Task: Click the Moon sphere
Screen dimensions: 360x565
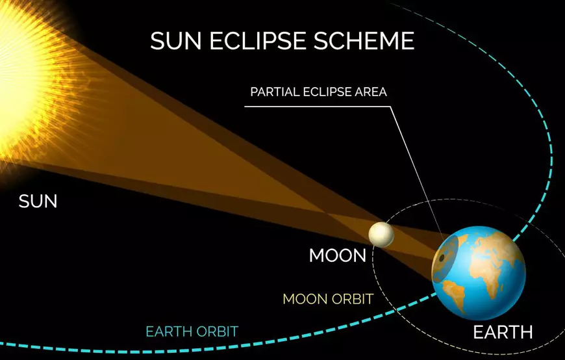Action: [x=381, y=234]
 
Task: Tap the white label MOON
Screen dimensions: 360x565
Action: [x=338, y=255]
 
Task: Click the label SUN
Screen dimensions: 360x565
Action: [x=38, y=201]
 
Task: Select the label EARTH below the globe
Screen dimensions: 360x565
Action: [x=503, y=333]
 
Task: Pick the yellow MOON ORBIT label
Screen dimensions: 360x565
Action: [x=328, y=299]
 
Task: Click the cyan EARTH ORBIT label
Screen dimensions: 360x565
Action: [x=192, y=331]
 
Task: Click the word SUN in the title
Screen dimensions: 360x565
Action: [x=175, y=40]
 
